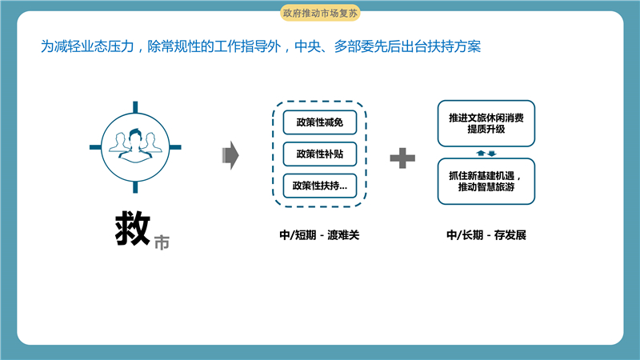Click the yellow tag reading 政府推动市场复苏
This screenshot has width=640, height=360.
[x=320, y=13]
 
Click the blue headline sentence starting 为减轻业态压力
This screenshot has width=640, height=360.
[x=261, y=46]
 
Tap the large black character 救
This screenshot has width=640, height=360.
[x=132, y=229]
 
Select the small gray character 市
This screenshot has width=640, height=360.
[x=162, y=242]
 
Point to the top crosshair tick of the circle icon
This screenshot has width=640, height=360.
[x=135, y=107]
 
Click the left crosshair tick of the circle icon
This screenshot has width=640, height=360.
[x=95, y=147]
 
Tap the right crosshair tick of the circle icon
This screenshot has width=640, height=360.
[x=175, y=147]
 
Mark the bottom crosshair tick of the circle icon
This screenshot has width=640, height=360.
[x=135, y=187]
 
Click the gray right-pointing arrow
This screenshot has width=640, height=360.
[x=230, y=155]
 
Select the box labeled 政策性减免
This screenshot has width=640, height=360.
[x=320, y=122]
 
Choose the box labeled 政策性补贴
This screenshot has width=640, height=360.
[x=320, y=154]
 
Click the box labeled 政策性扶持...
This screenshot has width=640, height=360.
[x=320, y=186]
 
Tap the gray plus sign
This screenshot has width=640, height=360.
[x=402, y=158]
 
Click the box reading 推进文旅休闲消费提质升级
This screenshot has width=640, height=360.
[x=486, y=123]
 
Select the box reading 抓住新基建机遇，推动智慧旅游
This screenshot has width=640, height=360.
[x=486, y=182]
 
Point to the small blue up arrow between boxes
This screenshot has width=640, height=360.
[x=481, y=153]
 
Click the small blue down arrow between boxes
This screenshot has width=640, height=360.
[x=492, y=154]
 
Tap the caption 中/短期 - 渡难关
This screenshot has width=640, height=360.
[x=319, y=235]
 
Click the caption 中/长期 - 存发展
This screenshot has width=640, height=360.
[x=486, y=235]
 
